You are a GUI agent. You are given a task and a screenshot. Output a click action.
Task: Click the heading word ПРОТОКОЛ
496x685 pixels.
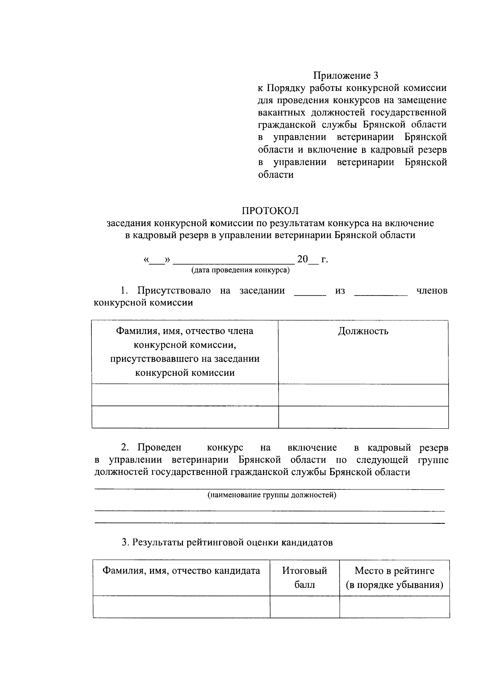pyautogui.click(x=270, y=211)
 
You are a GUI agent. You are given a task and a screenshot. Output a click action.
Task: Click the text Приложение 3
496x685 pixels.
pyautogui.click(x=346, y=76)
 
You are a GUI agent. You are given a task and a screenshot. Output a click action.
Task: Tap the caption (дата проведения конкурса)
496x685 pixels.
pyautogui.click(x=240, y=271)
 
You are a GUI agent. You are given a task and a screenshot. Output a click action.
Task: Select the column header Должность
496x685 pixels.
pyautogui.click(x=363, y=331)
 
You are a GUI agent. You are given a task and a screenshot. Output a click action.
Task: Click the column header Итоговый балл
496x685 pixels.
pyautogui.click(x=305, y=578)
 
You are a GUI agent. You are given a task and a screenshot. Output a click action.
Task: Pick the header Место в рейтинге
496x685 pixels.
pyautogui.click(x=394, y=571)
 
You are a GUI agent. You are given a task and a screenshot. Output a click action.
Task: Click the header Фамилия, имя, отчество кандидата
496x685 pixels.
pyautogui.click(x=181, y=571)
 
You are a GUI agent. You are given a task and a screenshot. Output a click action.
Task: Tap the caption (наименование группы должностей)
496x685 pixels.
pyautogui.click(x=272, y=495)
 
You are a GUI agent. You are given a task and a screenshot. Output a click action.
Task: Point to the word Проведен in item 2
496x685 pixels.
pyautogui.click(x=160, y=448)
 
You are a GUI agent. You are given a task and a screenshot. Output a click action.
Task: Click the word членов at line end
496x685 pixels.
pyautogui.click(x=432, y=291)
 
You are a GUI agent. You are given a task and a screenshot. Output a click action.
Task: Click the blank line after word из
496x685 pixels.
pyautogui.click(x=381, y=294)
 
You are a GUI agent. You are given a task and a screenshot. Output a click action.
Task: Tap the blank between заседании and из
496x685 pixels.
pyautogui.click(x=310, y=294)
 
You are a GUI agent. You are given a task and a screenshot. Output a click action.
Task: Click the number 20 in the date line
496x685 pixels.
pyautogui.click(x=302, y=260)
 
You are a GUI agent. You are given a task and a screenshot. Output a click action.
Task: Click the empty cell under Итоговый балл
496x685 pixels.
pyautogui.click(x=305, y=606)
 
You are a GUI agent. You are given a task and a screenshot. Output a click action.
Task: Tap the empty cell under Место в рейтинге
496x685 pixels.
pyautogui.click(x=394, y=606)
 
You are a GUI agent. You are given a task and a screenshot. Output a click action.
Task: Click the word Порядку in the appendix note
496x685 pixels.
pyautogui.click(x=284, y=88)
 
